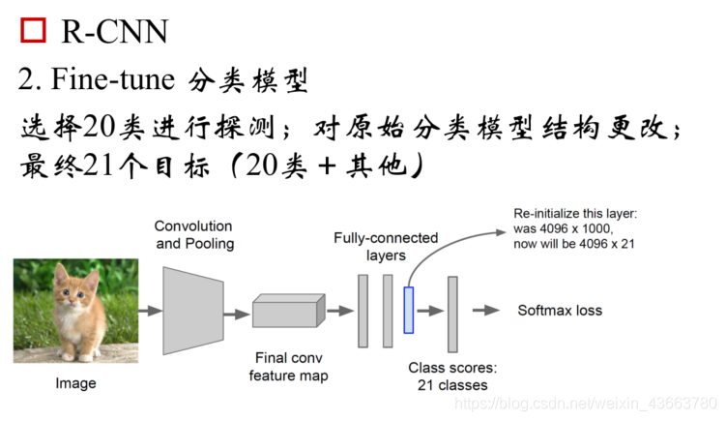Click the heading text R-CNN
[x=114, y=31]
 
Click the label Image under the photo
[x=75, y=383]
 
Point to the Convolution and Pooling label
[x=194, y=235]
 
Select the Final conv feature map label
[x=288, y=367]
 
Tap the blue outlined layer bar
[x=409, y=310]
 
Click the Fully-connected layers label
[x=386, y=246]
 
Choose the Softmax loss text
[x=560, y=311]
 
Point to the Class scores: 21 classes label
[x=452, y=376]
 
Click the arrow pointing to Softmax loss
[x=486, y=311]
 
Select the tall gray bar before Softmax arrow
[x=451, y=313]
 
